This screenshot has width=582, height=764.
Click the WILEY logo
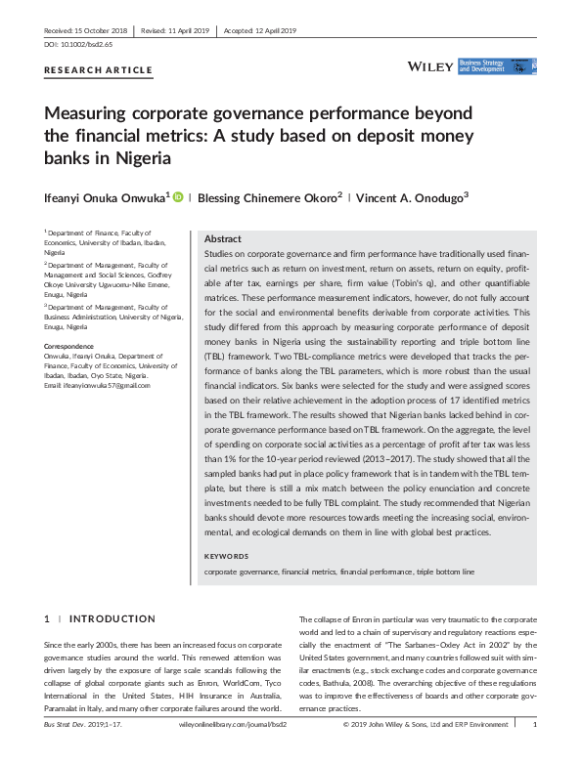pos(430,66)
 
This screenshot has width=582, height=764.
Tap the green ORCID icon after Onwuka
pos(178,196)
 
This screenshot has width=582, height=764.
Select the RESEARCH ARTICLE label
pos(99,70)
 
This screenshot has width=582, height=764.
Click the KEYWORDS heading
pos(226,556)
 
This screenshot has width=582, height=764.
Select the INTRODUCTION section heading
pos(112,618)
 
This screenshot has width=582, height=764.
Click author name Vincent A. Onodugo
pos(410,197)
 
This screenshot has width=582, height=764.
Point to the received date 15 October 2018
pos(100,31)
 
